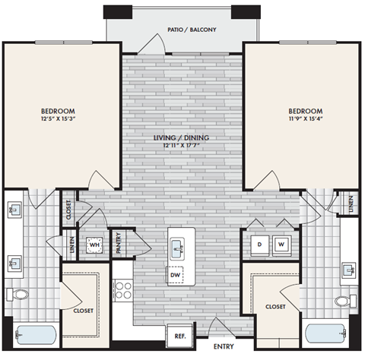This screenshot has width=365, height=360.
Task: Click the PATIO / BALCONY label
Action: pos(192,30)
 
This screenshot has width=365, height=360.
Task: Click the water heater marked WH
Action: pos(95,245)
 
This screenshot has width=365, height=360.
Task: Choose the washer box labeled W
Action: pos(281,245)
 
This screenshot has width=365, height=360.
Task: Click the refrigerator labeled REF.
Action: pos(181,336)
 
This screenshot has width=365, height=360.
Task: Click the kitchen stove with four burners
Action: pos(123,291)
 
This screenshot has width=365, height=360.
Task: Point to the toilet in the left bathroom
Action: pos(20,293)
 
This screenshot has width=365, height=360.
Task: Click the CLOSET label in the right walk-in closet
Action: pos(275,306)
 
